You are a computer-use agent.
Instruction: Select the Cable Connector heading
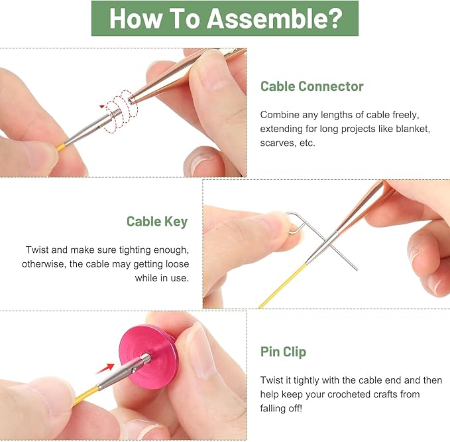(312, 86)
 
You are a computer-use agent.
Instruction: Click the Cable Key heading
(157, 222)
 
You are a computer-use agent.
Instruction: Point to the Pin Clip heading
(283, 352)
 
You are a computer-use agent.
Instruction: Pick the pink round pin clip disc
(148, 356)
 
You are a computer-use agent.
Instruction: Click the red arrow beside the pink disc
(105, 369)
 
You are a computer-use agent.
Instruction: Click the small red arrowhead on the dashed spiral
(102, 107)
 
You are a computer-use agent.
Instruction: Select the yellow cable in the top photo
(60, 147)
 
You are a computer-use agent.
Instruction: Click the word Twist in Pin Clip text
(272, 380)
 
